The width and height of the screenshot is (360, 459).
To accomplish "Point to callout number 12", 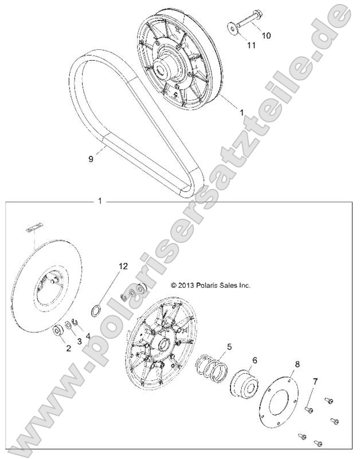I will tap(123, 266).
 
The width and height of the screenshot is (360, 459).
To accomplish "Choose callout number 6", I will tap(255, 360).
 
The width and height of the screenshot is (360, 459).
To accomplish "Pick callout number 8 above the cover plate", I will tap(297, 364).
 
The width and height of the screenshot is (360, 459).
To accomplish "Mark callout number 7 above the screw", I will tap(314, 381).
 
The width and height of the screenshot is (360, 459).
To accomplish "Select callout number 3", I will tap(79, 341).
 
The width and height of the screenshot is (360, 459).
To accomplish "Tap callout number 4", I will tap(88, 336).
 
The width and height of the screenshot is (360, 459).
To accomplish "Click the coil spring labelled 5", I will tap(211, 368).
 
